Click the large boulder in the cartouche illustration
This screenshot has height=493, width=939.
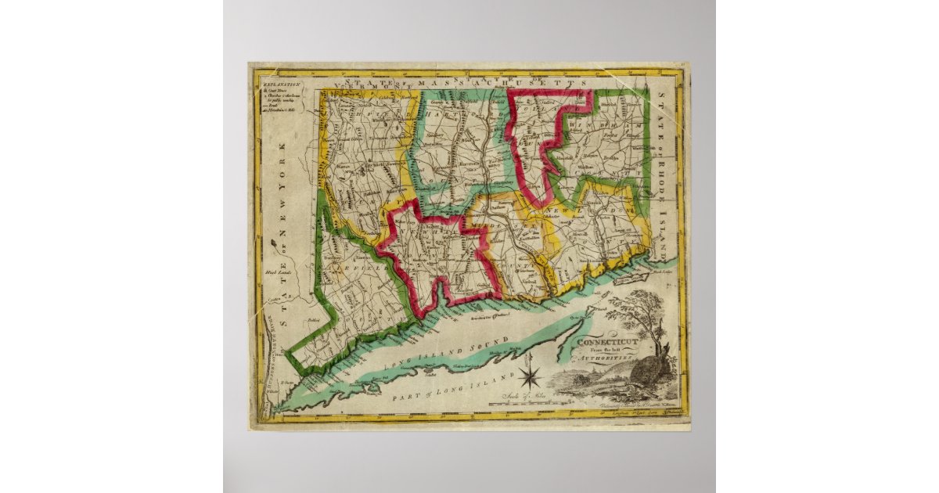pyautogui.click(x=649, y=368)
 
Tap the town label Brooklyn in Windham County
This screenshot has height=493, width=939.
pyautogui.click(x=611, y=157)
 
